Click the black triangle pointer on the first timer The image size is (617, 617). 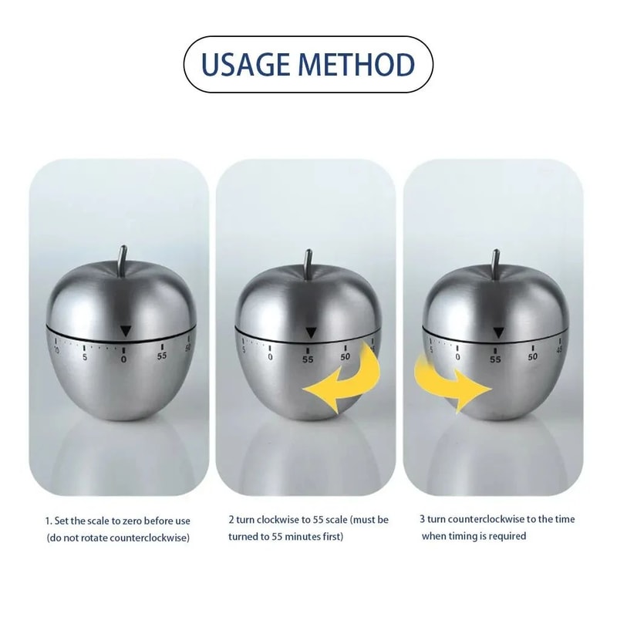click(125, 331)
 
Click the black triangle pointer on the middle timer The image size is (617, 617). click(309, 332)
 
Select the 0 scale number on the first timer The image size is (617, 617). click(124, 358)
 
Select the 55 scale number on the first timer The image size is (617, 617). click(162, 356)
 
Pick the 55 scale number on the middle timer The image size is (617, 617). click(308, 359)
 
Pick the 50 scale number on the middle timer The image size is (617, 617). click(346, 356)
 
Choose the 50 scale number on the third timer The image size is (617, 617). click(532, 356)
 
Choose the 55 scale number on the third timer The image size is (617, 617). click(495, 359)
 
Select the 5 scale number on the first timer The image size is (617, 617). click(84, 356)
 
